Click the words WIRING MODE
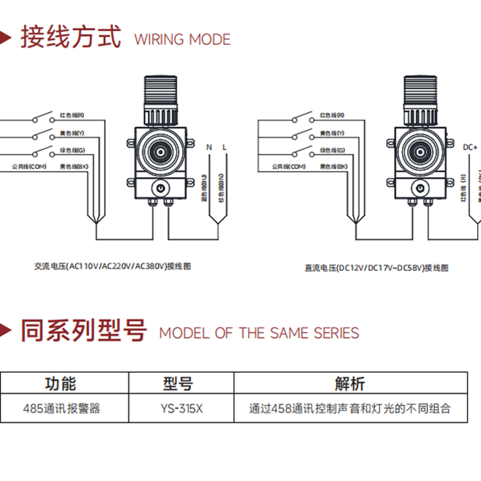(x=182, y=39)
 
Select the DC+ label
(x=470, y=147)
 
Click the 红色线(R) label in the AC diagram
(x=72, y=115)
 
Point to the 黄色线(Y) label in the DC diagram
(x=332, y=133)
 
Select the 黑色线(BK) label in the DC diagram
(x=333, y=166)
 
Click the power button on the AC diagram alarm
(x=159, y=188)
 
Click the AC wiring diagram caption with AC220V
(x=113, y=265)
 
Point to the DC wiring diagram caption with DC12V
(x=376, y=267)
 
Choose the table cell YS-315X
(x=181, y=408)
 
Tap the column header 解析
(x=350, y=384)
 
